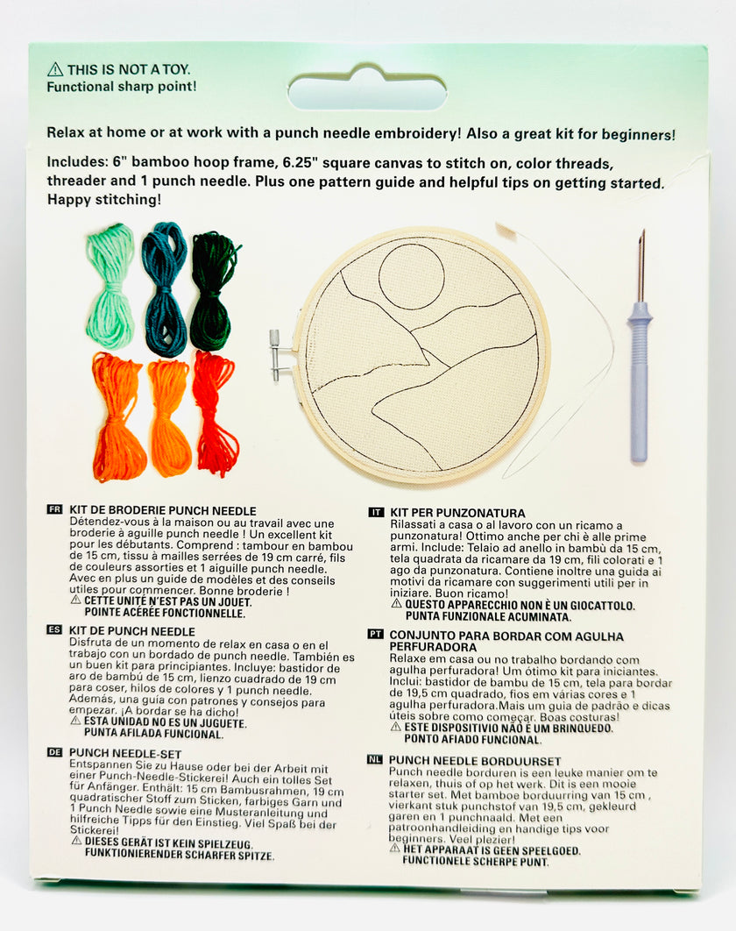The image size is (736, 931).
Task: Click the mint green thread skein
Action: tap(110, 286)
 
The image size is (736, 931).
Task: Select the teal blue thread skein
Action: tap(165, 289)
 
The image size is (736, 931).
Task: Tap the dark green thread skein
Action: tap(214, 291)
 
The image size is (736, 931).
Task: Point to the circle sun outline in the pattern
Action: tap(411, 276)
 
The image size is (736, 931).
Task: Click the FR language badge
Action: tap(54, 509)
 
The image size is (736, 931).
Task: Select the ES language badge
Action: tap(54, 629)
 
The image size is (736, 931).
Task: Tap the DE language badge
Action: tap(54, 751)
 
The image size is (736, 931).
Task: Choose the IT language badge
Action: tap(376, 512)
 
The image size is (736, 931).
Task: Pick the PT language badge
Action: tap(375, 634)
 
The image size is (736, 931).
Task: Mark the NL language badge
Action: tap(374, 759)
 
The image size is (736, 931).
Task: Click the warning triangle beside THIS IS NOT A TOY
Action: tap(55, 69)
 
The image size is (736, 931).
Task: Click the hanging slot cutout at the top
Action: tap(367, 89)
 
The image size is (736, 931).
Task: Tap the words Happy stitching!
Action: tap(104, 200)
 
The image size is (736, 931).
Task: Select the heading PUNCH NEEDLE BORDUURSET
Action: tap(475, 761)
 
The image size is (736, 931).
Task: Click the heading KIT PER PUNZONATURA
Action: tap(457, 513)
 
